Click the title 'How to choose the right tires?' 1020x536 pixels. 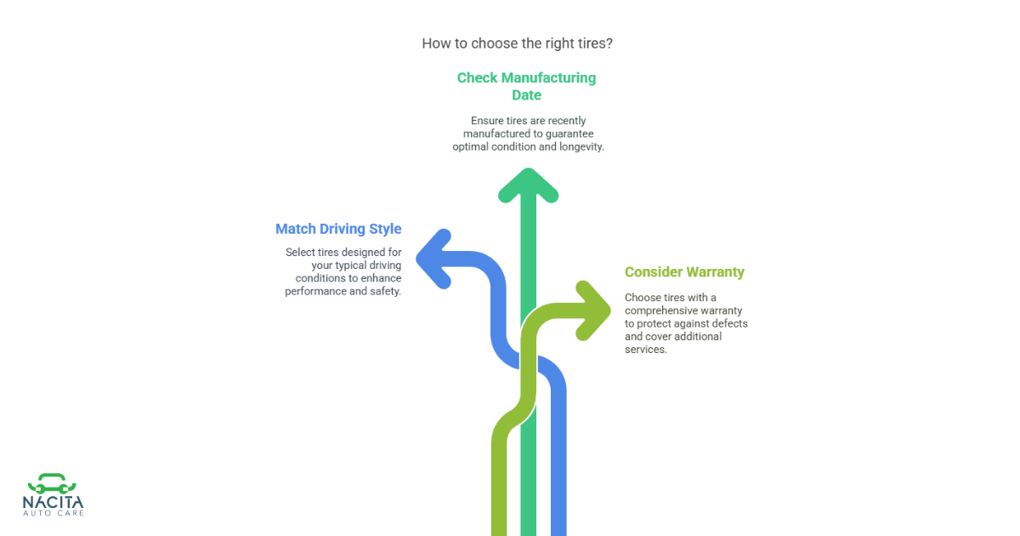[517, 43]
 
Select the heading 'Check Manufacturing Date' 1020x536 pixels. [526, 86]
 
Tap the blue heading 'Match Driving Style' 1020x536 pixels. [338, 229]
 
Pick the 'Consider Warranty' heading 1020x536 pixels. [684, 271]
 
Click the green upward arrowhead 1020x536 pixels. [528, 185]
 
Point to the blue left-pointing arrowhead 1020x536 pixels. [433, 259]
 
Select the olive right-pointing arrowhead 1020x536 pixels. [593, 311]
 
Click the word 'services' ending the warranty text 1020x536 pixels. [646, 350]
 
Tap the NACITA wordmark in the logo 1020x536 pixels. [53, 502]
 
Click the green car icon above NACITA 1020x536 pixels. [52, 483]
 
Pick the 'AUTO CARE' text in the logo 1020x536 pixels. [54, 514]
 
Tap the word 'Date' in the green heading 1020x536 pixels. [526, 94]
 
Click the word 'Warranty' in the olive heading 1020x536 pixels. [716, 271]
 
